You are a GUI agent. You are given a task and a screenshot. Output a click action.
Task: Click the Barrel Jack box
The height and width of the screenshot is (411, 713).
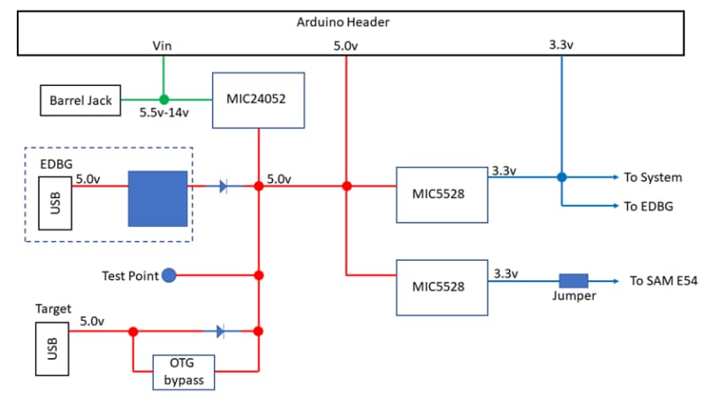pyautogui.click(x=80, y=101)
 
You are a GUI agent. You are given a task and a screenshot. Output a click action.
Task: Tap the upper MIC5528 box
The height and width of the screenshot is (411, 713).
pyautogui.click(x=442, y=194)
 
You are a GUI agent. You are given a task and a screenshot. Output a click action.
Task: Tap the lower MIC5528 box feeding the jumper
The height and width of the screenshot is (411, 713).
pyautogui.click(x=442, y=287)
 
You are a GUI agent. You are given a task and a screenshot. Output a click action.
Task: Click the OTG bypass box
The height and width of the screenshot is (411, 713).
pyautogui.click(x=184, y=372)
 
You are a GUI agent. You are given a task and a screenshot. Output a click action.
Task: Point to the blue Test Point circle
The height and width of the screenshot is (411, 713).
pyautogui.click(x=169, y=276)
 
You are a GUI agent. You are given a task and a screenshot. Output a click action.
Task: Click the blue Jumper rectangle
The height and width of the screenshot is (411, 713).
pyautogui.click(x=573, y=280)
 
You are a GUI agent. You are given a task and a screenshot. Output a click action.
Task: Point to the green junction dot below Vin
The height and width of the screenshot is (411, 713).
pyautogui.click(x=163, y=99)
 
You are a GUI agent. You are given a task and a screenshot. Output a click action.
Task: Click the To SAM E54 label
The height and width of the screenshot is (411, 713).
pyautogui.click(x=664, y=281)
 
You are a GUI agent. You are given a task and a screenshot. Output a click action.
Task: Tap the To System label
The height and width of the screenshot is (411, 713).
pyautogui.click(x=655, y=178)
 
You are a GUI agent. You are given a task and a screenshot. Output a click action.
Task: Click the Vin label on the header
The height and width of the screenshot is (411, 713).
pyautogui.click(x=163, y=44)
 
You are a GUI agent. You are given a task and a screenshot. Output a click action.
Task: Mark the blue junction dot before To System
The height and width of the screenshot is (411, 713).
pyautogui.click(x=561, y=178)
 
